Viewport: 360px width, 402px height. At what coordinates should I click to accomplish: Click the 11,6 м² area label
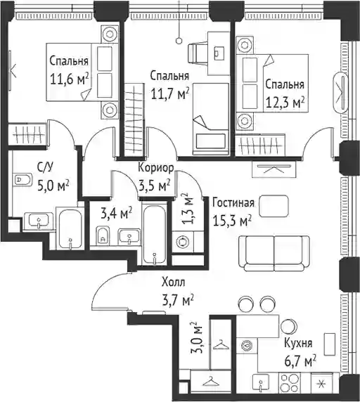click(x=70, y=79)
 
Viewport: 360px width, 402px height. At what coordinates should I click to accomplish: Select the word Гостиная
click(x=233, y=203)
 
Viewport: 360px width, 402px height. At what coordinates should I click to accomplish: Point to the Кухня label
click(x=298, y=343)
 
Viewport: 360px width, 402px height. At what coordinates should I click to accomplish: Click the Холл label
click(x=174, y=283)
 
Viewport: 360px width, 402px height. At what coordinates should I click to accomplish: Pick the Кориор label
click(x=156, y=168)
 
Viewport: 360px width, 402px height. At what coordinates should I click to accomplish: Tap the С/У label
click(x=46, y=168)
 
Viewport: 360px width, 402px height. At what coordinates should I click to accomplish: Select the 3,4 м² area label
click(x=117, y=213)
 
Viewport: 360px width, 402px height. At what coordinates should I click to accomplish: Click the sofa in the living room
click(x=274, y=253)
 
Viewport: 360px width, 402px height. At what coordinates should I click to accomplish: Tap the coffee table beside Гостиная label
click(x=274, y=206)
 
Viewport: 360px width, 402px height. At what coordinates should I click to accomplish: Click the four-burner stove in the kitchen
click(x=290, y=384)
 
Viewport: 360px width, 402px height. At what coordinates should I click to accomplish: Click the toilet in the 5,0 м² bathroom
click(x=22, y=179)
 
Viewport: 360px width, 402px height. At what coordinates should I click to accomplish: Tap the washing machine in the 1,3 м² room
click(x=183, y=242)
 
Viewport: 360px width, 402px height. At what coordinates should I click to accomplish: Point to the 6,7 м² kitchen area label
click(x=300, y=361)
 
